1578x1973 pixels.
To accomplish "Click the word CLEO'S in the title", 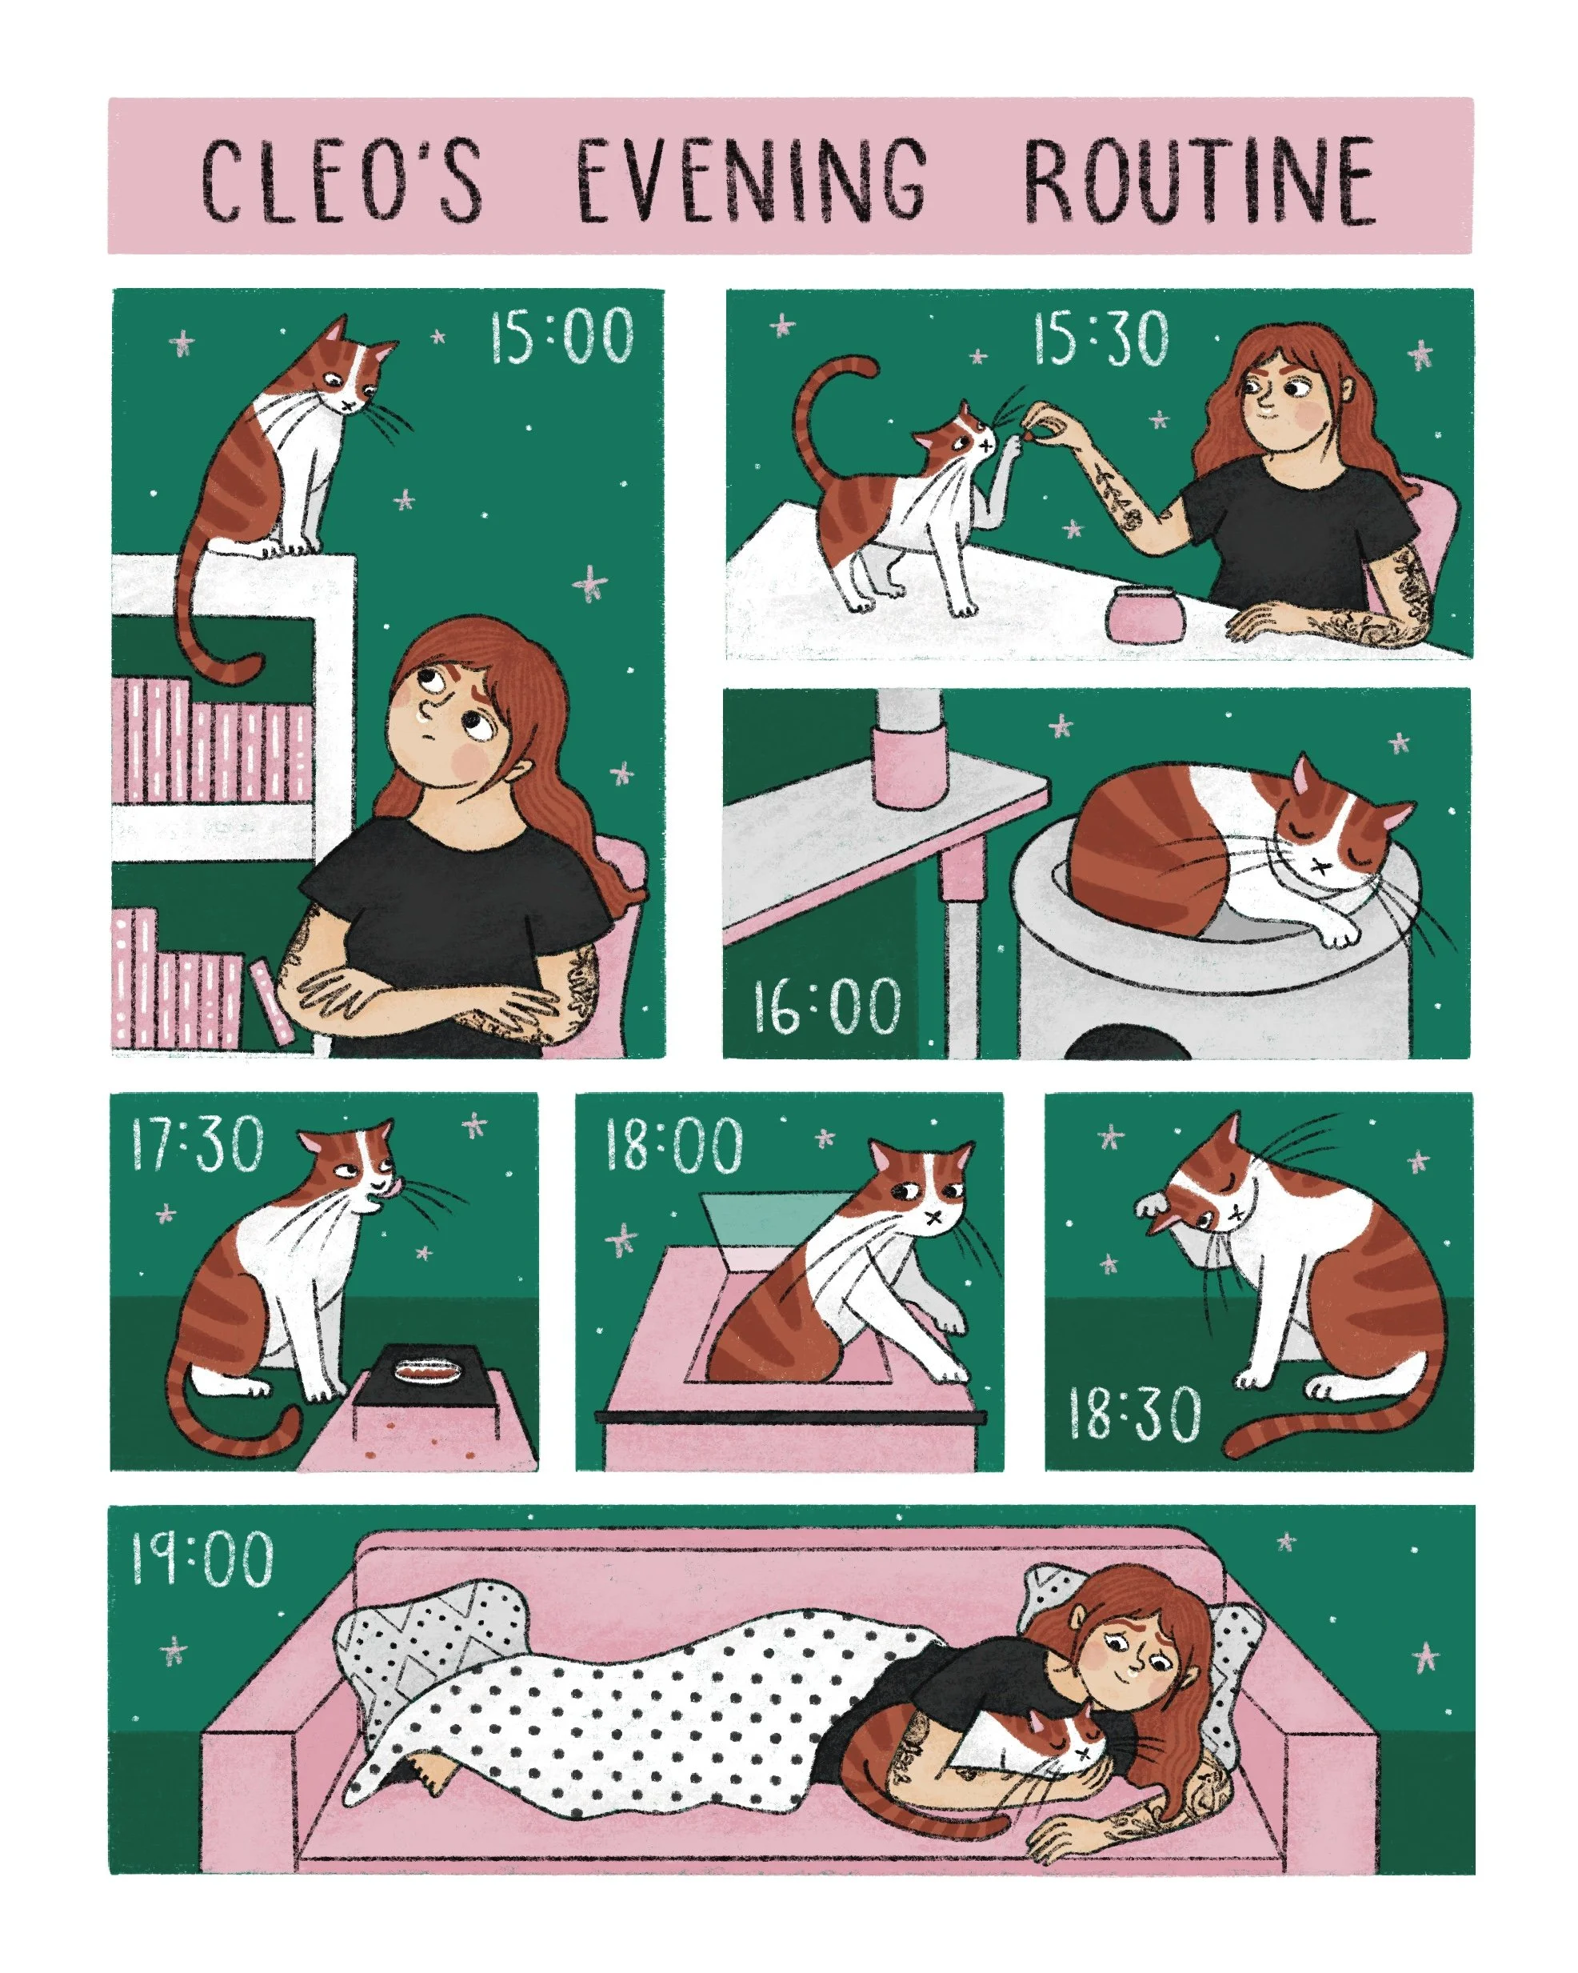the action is pyautogui.click(x=342, y=179).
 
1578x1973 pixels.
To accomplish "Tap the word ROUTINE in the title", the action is pyautogui.click(x=1199, y=179).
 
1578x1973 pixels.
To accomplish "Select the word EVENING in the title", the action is pyautogui.click(x=752, y=179).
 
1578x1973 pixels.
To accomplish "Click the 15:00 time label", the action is pyautogui.click(x=561, y=337).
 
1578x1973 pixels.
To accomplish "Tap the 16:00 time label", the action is pyautogui.click(x=827, y=1007).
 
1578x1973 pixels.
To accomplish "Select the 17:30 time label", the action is pyautogui.click(x=198, y=1144).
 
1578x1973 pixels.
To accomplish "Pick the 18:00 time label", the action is pyautogui.click(x=673, y=1144).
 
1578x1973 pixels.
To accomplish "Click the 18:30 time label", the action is pyautogui.click(x=1134, y=1414).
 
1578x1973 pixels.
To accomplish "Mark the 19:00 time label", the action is pyautogui.click(x=202, y=1559).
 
